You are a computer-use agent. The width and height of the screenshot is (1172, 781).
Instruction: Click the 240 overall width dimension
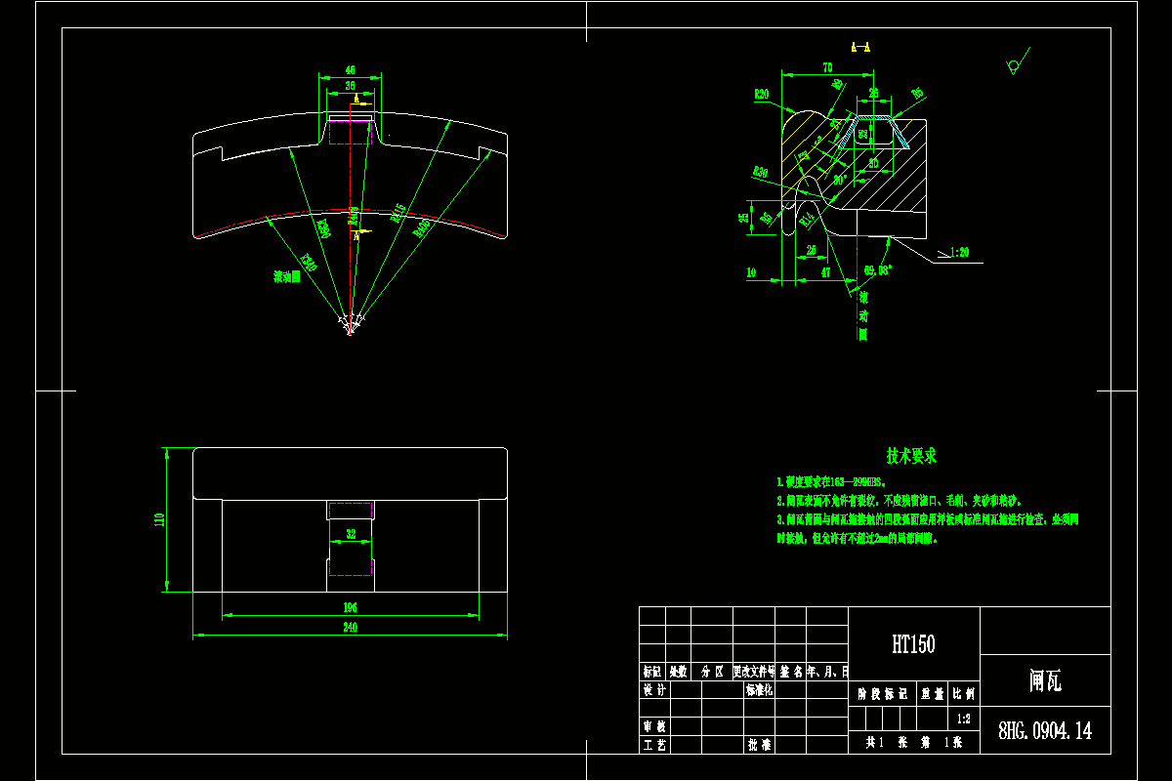coord(351,629)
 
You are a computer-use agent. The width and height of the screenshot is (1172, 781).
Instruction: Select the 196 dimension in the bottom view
coord(351,608)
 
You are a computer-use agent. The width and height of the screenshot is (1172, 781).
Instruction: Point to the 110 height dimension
coord(160,519)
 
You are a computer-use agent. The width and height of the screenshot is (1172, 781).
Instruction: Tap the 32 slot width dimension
coord(351,533)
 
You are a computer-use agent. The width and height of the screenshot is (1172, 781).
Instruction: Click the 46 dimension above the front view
coord(351,70)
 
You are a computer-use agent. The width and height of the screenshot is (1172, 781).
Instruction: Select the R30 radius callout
coord(760,172)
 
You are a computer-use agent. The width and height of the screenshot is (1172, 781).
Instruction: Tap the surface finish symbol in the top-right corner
coord(1015,63)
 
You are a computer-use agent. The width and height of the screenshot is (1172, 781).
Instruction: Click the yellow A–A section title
coord(861,46)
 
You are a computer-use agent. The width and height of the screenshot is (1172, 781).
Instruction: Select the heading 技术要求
coord(911,456)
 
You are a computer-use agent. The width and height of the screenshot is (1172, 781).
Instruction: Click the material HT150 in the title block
coord(913,644)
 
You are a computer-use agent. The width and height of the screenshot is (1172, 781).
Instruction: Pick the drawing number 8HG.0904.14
coord(1044,731)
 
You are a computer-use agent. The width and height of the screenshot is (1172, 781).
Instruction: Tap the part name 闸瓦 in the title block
coord(1045,681)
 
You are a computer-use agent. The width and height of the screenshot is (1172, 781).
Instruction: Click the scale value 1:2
coord(964,719)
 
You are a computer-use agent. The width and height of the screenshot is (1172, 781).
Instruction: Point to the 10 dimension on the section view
coord(751,273)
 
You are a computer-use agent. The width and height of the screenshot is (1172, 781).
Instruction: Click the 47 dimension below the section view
coord(827,273)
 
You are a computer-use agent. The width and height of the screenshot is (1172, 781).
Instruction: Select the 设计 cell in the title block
coord(653,689)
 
